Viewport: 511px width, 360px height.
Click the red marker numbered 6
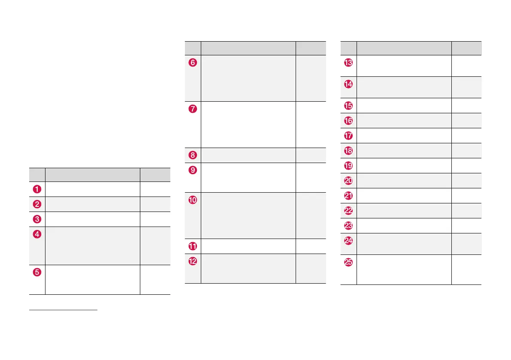(193, 63)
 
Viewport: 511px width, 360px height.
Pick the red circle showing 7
(193, 109)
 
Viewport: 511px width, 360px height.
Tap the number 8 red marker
(193, 155)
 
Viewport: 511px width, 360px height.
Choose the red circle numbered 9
(193, 170)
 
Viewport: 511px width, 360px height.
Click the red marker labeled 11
(193, 246)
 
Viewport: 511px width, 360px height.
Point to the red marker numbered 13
(349, 63)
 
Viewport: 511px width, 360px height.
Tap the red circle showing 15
(349, 106)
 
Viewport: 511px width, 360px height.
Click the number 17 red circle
(349, 136)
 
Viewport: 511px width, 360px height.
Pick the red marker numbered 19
(349, 166)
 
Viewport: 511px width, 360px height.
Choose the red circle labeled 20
(349, 181)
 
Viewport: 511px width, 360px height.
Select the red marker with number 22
(349, 211)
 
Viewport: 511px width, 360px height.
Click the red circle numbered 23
(349, 226)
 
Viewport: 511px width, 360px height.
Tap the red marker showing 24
(349, 241)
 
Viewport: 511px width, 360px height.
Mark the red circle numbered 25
(349, 263)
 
